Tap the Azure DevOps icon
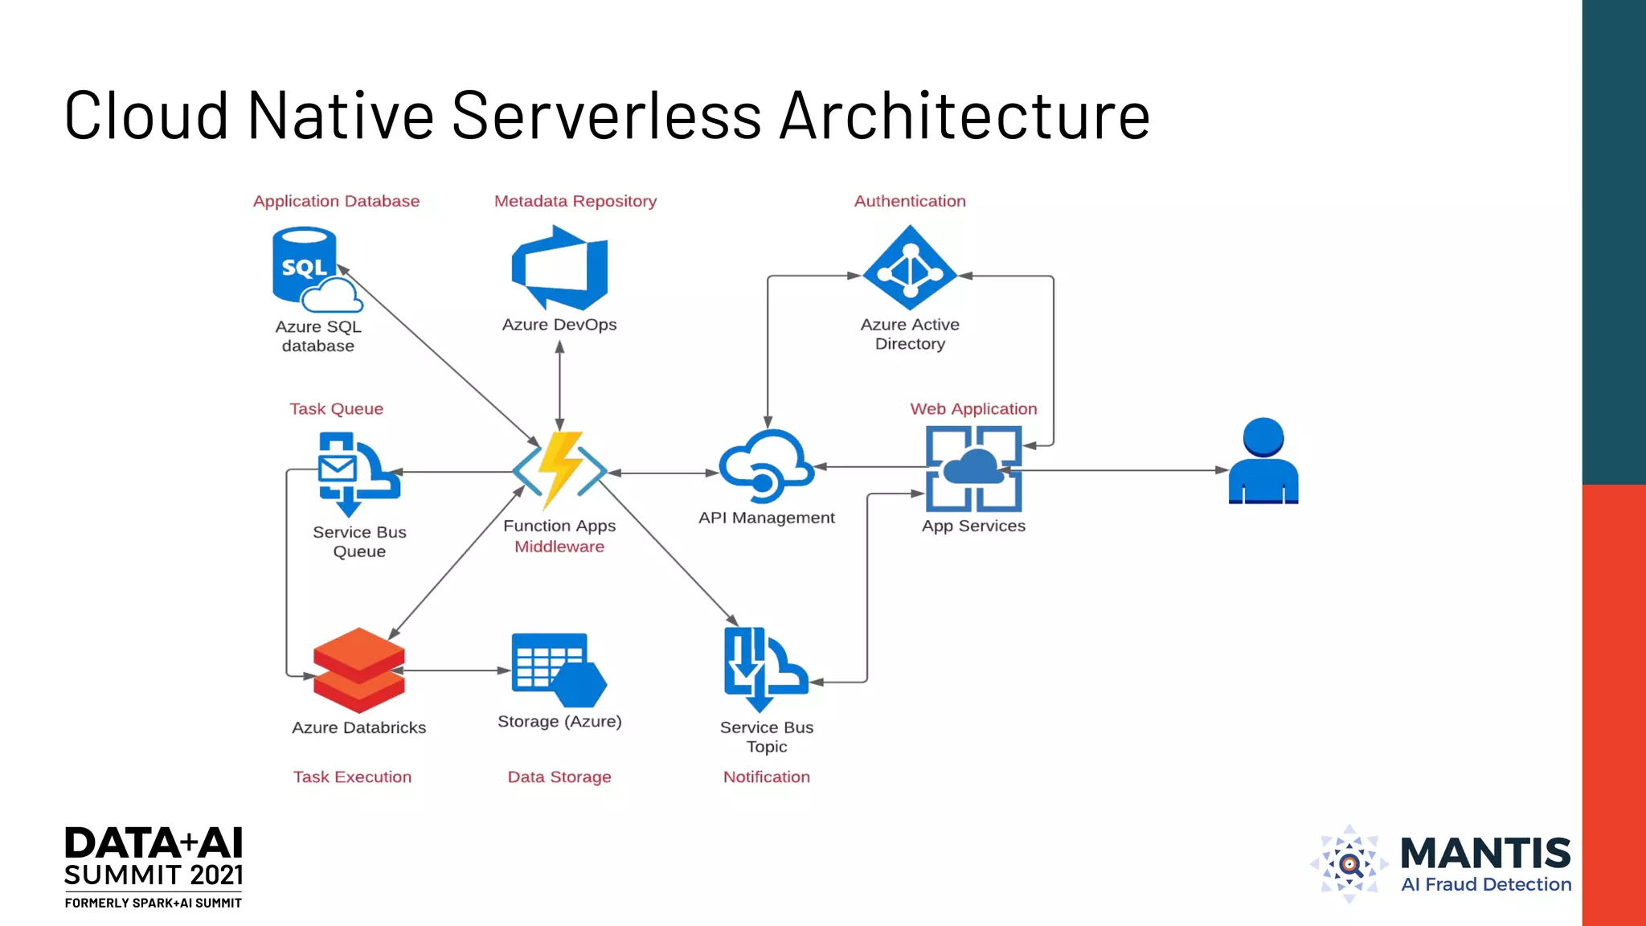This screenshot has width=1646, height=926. (x=560, y=268)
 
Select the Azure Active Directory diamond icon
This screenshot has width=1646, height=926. (x=910, y=268)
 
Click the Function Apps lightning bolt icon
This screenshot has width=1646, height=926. (x=559, y=470)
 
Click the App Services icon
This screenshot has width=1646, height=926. (x=973, y=469)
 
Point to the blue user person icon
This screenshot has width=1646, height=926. (x=1263, y=461)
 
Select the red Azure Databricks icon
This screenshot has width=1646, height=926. (x=358, y=670)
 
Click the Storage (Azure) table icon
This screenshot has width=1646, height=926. (x=558, y=670)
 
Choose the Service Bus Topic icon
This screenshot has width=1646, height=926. (x=764, y=670)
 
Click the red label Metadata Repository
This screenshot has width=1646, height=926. (x=575, y=201)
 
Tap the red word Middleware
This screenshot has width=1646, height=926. (x=559, y=547)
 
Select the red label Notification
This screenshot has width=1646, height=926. (x=767, y=776)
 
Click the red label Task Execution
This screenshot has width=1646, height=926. (x=352, y=776)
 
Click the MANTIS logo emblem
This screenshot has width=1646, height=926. (x=1349, y=864)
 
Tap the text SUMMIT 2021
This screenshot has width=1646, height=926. (x=154, y=875)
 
